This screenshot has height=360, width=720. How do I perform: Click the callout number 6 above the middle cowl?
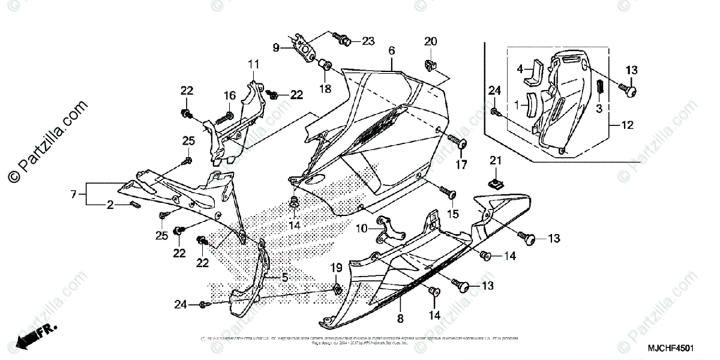391,52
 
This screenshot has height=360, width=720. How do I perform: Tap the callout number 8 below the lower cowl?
400,319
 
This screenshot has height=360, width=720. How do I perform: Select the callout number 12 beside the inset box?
626,125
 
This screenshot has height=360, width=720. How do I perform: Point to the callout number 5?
285,277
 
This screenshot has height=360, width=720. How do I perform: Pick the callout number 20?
431,41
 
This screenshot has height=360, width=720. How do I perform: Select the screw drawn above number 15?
448,193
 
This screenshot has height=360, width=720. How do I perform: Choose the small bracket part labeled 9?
304,47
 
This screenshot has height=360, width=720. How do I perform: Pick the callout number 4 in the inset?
521,68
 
